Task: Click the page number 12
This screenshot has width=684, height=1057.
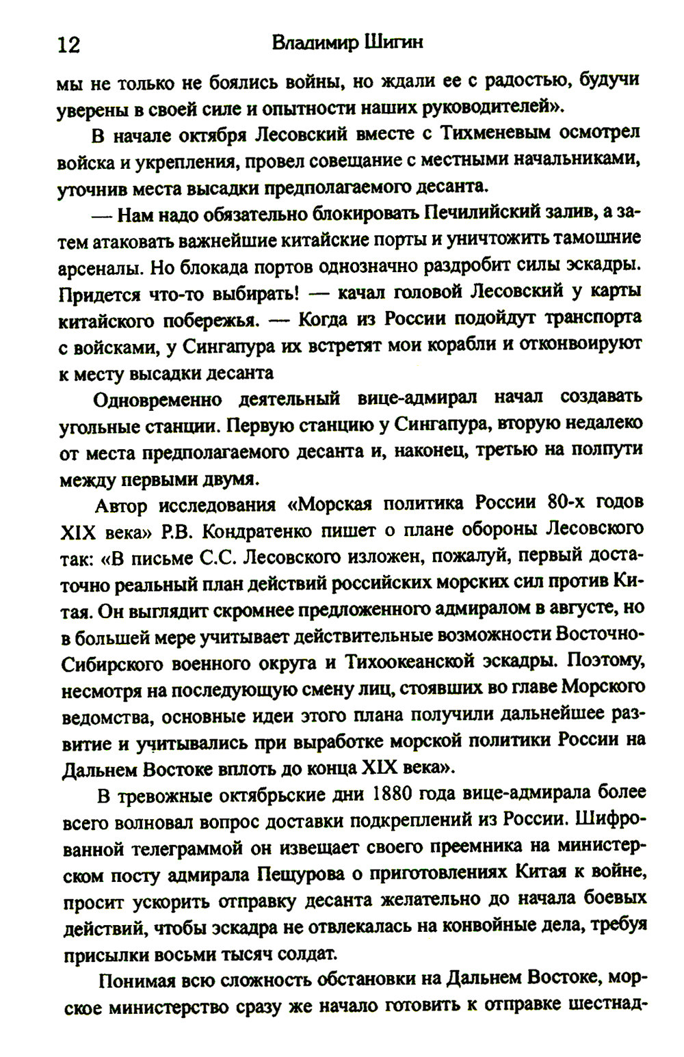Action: tap(69, 45)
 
